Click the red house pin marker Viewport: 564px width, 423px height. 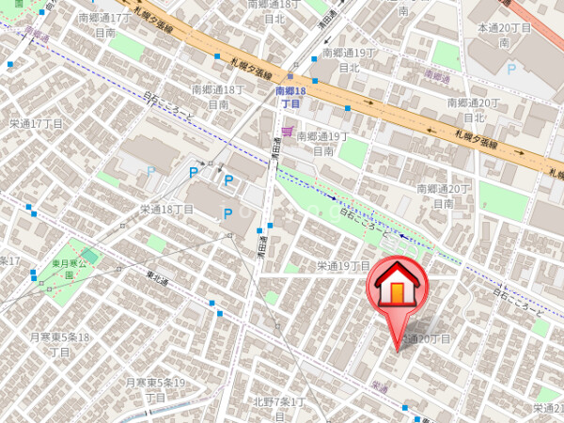point(399,288)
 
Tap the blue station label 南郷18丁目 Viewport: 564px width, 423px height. point(288,97)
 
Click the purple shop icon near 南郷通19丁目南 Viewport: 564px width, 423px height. point(287,131)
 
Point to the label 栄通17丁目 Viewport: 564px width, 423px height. point(36,123)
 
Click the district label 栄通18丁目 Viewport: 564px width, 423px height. point(166,209)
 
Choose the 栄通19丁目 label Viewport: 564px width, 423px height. point(344,266)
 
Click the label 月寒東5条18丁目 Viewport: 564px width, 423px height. point(59,344)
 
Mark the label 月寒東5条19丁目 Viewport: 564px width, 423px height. point(155,389)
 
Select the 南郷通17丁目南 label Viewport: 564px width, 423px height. point(105,24)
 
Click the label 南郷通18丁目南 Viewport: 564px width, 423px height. point(218,97)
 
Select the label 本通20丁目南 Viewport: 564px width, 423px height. point(505,36)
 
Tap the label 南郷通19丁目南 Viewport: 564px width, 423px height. point(322,143)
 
